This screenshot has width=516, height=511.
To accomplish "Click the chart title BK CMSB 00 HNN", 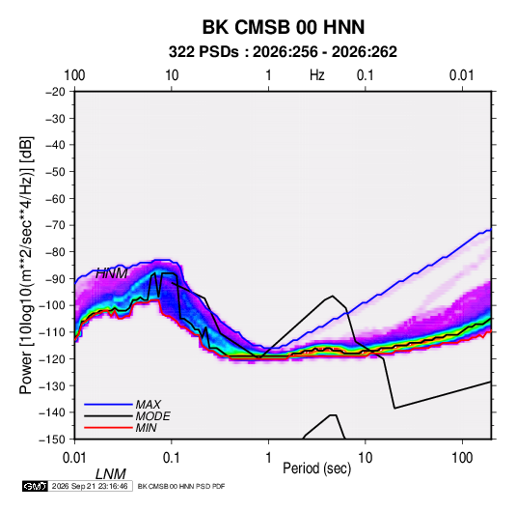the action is [x=283, y=27].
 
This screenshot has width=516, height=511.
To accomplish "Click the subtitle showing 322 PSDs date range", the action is [x=283, y=52].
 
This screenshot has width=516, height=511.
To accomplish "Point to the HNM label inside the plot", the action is [x=112, y=273].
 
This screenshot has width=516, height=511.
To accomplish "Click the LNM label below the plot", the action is [x=111, y=474].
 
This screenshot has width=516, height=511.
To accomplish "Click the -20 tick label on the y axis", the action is [x=55, y=92].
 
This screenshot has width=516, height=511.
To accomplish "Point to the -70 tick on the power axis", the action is [x=55, y=225].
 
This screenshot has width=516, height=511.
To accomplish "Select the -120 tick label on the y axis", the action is [x=52, y=358].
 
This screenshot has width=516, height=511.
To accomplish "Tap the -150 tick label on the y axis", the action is [x=52, y=440].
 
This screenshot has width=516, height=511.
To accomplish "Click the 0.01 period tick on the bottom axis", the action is [x=74, y=458].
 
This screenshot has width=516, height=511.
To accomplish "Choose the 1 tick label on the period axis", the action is [x=268, y=458].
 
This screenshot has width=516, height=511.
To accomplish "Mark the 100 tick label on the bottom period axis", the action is [x=462, y=458].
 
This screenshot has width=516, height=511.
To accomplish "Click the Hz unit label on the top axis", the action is [x=317, y=75].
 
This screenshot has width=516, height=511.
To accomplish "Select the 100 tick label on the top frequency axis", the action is [x=74, y=75].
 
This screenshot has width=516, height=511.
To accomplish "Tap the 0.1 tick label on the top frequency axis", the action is [x=366, y=75].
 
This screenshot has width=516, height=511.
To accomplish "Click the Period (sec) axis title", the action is [x=317, y=468].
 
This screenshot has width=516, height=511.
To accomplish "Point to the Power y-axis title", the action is [x=26, y=266].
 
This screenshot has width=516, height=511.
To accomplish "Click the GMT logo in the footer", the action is [x=36, y=486].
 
